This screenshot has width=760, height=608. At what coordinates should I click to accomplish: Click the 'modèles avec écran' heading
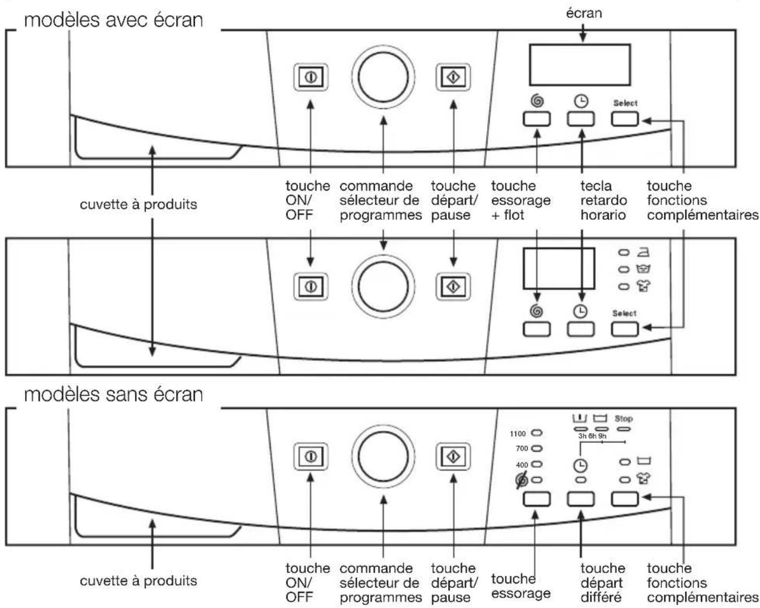(x=113, y=20)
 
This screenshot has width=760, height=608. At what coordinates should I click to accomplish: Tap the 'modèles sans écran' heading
(x=113, y=395)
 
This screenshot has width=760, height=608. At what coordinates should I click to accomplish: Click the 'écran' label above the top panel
(x=584, y=13)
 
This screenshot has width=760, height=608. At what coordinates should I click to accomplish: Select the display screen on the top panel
(x=580, y=65)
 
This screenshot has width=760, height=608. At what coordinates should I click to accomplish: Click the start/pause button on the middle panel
(x=453, y=286)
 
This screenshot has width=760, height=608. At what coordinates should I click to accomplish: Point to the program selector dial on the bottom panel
(x=383, y=457)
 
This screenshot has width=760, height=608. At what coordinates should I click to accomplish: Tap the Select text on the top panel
(x=625, y=103)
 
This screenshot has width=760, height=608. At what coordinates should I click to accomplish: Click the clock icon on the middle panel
(x=580, y=312)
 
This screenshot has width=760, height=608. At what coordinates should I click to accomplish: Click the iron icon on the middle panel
(x=643, y=252)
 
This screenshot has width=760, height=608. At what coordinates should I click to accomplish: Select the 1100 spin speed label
(x=518, y=434)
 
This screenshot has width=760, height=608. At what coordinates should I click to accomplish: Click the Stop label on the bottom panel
(x=623, y=419)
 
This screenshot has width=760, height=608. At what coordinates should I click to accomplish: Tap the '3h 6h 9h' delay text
(x=592, y=436)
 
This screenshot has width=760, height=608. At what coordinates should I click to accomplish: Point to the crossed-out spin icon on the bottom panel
(x=522, y=480)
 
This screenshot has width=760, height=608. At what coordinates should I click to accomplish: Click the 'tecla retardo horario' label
(x=603, y=201)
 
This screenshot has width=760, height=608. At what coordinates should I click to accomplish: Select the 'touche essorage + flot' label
(x=520, y=201)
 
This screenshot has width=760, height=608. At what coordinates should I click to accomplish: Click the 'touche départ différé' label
(x=602, y=583)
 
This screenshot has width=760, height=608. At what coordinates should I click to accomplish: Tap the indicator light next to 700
(x=537, y=448)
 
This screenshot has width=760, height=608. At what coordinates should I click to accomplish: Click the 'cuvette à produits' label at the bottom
(x=138, y=581)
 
